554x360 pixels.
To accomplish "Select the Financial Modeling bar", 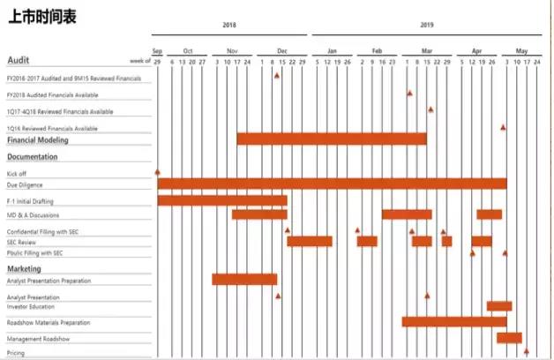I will pyautogui.click(x=331, y=139).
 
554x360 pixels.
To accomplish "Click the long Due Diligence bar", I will pyautogui.click(x=332, y=184).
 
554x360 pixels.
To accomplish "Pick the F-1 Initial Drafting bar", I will pyautogui.click(x=222, y=200).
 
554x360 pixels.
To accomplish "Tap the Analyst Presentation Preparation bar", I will pyautogui.click(x=244, y=280).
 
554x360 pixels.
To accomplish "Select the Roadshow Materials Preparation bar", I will pyautogui.click(x=453, y=321).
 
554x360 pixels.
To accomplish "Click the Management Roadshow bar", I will pyautogui.click(x=509, y=337).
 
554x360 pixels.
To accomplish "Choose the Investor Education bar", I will pyautogui.click(x=498, y=306).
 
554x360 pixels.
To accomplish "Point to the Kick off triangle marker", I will pyautogui.click(x=157, y=172).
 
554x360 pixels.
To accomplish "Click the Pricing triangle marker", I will pyautogui.click(x=527, y=351).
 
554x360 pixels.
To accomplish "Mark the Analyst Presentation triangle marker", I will pyautogui.click(x=427, y=296).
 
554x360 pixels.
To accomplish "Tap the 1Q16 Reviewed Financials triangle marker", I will pyautogui.click(x=504, y=127).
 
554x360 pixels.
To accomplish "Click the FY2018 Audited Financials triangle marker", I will pyautogui.click(x=409, y=93).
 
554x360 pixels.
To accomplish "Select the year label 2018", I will pyautogui.click(x=229, y=26).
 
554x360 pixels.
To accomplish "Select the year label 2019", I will pyautogui.click(x=428, y=26).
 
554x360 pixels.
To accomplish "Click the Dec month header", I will pyautogui.click(x=281, y=51).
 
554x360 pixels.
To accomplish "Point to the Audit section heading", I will pyautogui.click(x=19, y=60).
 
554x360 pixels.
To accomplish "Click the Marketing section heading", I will pyautogui.click(x=25, y=268).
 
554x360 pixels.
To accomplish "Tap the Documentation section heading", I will pyautogui.click(x=33, y=157).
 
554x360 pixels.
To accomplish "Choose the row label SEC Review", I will pyautogui.click(x=21, y=242).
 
